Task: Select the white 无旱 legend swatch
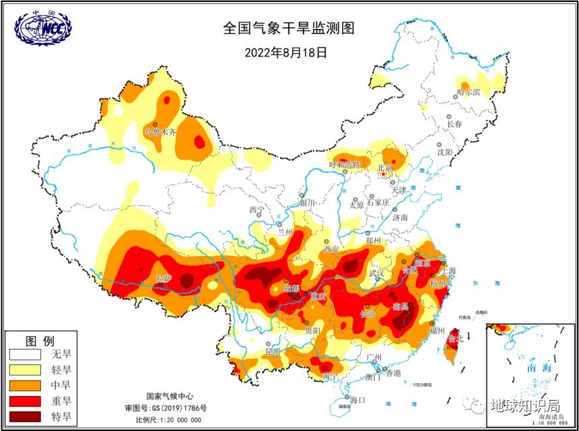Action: [24, 354]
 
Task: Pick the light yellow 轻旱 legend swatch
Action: [24, 369]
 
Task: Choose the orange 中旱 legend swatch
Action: [24, 385]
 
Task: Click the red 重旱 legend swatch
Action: [24, 401]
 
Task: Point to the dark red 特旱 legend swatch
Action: [24, 416]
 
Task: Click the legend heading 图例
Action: [40, 339]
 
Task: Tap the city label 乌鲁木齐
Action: [160, 133]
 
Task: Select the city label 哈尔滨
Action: [469, 92]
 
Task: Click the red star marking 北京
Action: [384, 174]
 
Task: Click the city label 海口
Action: [356, 400]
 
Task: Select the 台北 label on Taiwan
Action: [455, 339]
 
